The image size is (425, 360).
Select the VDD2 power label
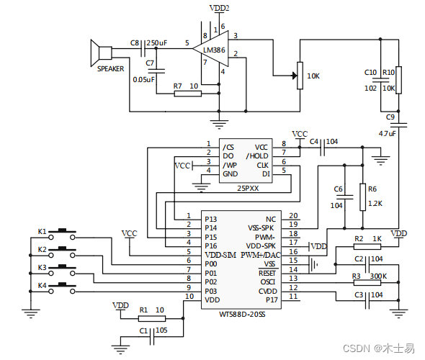[220, 8]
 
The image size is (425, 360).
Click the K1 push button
[67, 232]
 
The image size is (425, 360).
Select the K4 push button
[67, 287]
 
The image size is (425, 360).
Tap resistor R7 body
[187, 94]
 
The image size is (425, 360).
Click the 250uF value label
[156, 43]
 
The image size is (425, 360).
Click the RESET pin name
[267, 273]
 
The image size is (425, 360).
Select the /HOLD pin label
[256, 156]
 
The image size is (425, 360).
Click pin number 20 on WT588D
[293, 216]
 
